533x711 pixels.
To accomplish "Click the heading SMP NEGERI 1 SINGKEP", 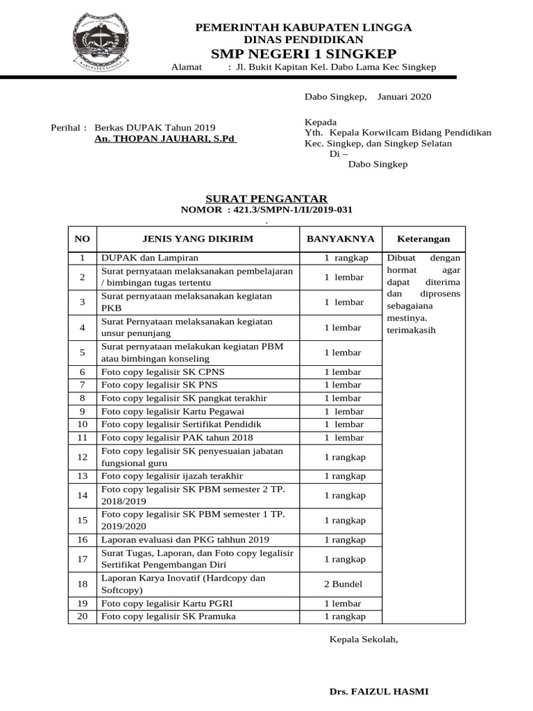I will pos(303,54).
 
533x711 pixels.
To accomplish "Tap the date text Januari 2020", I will pos(404,97).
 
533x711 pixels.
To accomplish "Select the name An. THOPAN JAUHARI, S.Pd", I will pos(165,139).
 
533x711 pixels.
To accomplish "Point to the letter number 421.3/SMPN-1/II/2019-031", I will pos(289,210).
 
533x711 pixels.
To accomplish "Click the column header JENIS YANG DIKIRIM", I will pos(197,239).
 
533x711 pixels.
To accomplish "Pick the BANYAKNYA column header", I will pos(340,239).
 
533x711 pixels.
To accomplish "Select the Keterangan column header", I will pos(423,239).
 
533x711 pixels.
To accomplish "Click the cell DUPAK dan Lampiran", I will pos(140,258).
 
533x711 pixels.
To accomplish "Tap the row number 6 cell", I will pos(82,371).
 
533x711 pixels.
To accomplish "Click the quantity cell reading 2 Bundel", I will pos(343,584).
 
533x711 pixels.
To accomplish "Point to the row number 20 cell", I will pos(82,617).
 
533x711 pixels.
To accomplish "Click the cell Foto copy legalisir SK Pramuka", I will pos(169,617).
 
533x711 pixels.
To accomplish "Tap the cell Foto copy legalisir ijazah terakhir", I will pos(172,476).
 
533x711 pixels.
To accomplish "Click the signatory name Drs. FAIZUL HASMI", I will pos(378,692).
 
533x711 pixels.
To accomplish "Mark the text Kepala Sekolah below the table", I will pos(364,639).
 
